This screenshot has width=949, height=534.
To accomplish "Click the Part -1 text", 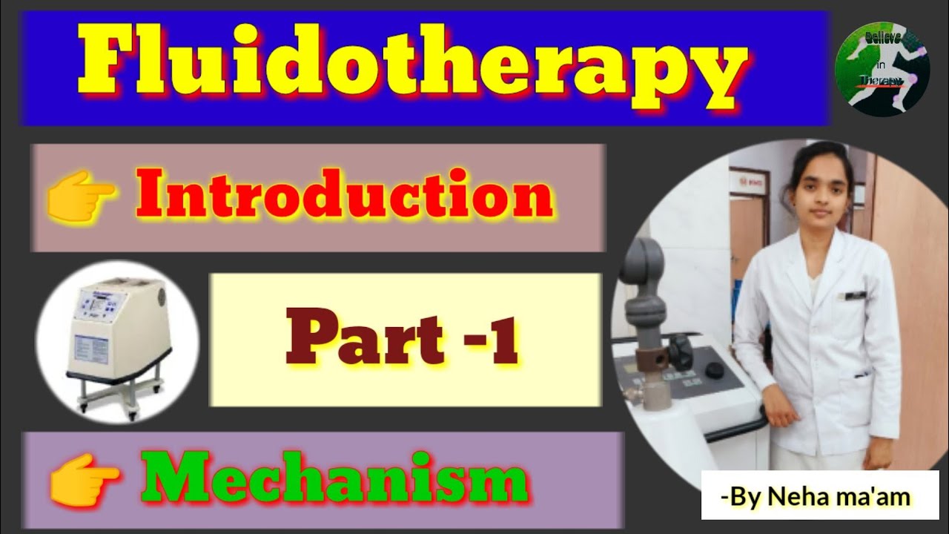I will point(401,339).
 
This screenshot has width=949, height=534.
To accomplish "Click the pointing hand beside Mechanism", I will point(83,481).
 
